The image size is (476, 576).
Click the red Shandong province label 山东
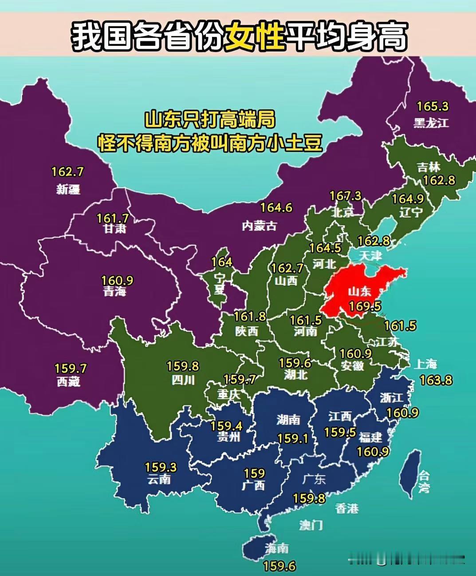tap(359, 291)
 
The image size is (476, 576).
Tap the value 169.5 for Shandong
tap(365, 306)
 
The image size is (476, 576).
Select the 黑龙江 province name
tap(431, 123)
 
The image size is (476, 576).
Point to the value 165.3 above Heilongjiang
tap(433, 107)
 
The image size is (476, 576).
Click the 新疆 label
tap(68, 189)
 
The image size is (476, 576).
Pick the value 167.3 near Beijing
tap(346, 196)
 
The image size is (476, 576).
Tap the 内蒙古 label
tap(260, 226)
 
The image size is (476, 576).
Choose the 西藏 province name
tap(68, 381)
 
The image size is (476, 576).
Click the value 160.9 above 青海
tap(117, 281)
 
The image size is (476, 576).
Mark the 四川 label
tap(183, 380)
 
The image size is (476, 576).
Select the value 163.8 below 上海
tap(437, 380)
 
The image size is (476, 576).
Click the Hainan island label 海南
tap(276, 548)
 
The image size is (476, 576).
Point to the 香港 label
tap(347, 508)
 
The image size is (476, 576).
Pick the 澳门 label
tap(311, 525)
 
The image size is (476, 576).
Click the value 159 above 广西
tap(254, 473)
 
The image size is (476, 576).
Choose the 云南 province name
tap(159, 480)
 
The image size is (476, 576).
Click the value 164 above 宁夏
tap(221, 262)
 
